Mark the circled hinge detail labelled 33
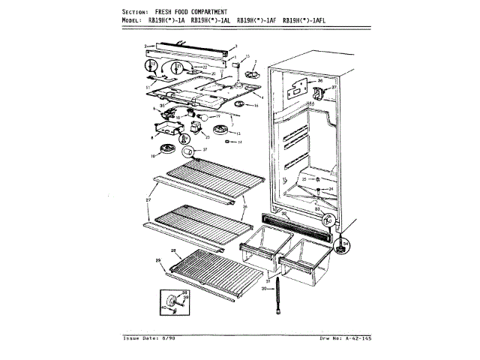point(327,220)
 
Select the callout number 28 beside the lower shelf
point(173,250)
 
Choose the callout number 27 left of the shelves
point(148,201)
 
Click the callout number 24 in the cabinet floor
point(331,188)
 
